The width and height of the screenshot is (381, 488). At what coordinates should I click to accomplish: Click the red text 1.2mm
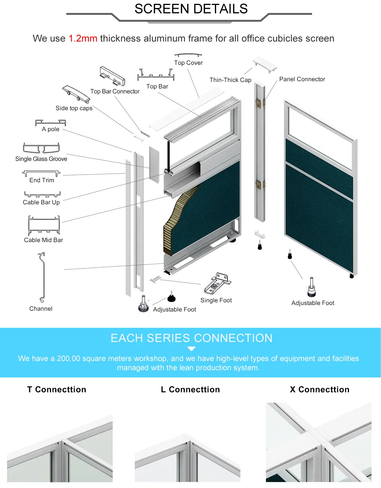point(83,39)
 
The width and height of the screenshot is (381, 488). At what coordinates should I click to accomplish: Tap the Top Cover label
point(188,63)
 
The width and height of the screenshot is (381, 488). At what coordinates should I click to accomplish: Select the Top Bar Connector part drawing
point(112,76)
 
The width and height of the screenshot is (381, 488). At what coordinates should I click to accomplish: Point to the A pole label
point(51,129)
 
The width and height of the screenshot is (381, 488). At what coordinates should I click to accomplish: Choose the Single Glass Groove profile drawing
point(42,148)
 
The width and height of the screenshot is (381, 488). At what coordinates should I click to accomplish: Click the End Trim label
point(42,180)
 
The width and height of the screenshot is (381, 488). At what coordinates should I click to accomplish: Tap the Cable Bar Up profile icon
point(42,194)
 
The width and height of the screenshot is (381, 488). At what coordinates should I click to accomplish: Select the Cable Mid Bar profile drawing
point(44,225)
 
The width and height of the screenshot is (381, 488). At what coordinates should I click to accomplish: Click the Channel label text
point(41,309)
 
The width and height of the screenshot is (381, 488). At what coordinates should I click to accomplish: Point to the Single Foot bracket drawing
point(217,283)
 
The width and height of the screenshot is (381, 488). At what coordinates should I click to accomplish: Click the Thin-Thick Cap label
point(231,80)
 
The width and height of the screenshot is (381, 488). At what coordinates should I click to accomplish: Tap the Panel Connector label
point(302,79)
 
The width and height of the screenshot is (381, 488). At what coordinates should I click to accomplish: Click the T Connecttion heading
point(57,390)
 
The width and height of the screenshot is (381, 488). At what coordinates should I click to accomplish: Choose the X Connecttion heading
point(320,390)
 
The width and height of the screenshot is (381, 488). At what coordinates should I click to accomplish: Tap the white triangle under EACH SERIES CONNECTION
point(191,349)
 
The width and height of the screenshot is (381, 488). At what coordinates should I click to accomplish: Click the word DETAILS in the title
point(221,9)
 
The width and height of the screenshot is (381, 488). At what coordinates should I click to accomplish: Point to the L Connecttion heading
point(190,390)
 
